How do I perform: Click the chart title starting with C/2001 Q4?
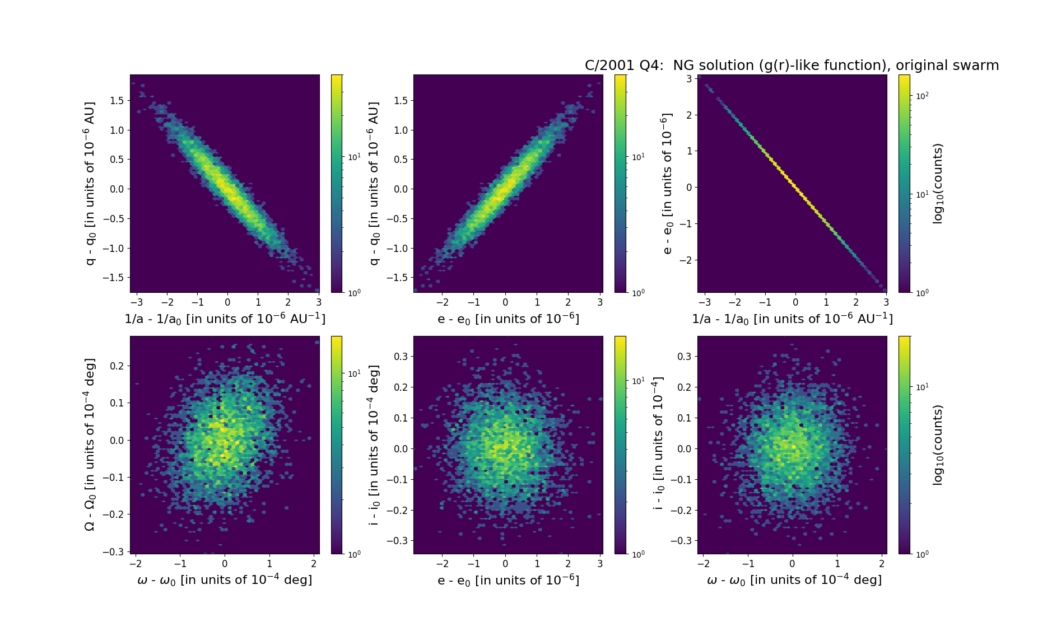pyautogui.click(x=792, y=66)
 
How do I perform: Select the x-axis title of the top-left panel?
pyautogui.click(x=225, y=319)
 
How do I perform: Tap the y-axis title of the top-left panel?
pyautogui.click(x=90, y=183)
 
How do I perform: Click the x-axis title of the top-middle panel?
pyautogui.click(x=508, y=319)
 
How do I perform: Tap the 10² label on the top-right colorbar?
pyautogui.click(x=922, y=96)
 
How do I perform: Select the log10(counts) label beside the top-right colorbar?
pyautogui.click(x=938, y=183)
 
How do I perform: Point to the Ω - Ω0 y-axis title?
pyautogui.click(x=90, y=445)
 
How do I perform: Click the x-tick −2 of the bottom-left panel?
pyautogui.click(x=135, y=564)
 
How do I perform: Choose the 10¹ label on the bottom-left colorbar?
pyautogui.click(x=354, y=373)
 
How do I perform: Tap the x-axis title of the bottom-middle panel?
pyautogui.click(x=508, y=580)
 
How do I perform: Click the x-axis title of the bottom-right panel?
pyautogui.click(x=794, y=580)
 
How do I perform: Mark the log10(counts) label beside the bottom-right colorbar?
pyautogui.click(x=938, y=445)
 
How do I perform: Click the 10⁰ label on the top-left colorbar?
pyautogui.click(x=354, y=292)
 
